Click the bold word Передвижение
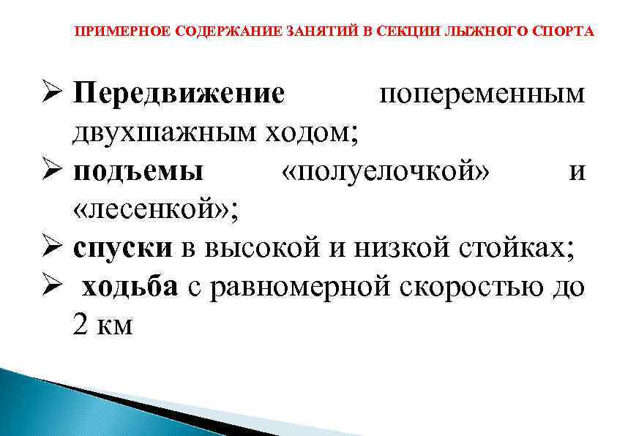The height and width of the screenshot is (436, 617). [x=179, y=94]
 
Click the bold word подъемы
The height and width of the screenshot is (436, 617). [x=139, y=172]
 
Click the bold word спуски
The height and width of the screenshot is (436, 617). [x=123, y=249]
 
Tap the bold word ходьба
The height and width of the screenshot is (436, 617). [x=130, y=287]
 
